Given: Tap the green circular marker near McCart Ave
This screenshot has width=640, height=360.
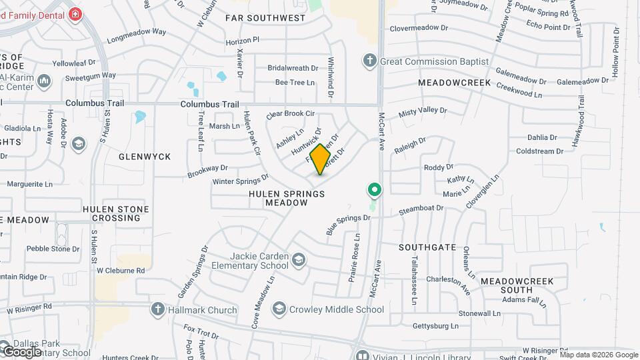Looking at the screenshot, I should click(x=375, y=191).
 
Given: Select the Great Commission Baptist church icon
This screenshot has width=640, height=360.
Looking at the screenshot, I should click(x=370, y=61).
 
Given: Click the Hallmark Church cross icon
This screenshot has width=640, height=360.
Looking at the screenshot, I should click(x=157, y=309).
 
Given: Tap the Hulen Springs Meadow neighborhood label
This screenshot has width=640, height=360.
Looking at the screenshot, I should click(x=287, y=198).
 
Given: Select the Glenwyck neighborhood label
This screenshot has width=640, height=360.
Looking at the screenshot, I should click(x=145, y=157).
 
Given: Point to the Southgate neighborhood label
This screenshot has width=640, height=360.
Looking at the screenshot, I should click(x=427, y=247).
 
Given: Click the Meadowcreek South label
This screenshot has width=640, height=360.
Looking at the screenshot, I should click(x=517, y=286).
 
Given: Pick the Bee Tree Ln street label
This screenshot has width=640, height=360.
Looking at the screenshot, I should click(x=295, y=83).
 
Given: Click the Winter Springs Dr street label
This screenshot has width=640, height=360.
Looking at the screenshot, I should click(x=240, y=180).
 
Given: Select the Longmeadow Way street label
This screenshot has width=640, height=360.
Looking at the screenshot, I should click(x=136, y=31).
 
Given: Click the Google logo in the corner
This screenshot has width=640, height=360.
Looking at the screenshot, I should click(x=22, y=351).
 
